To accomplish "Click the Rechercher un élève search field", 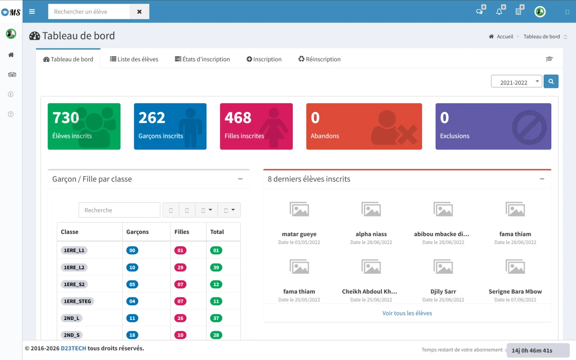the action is pyautogui.click(x=89, y=12).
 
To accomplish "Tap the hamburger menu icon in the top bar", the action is pyautogui.click(x=32, y=12).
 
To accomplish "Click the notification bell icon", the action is pyautogui.click(x=499, y=12).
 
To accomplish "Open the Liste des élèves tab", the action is pyautogui.click(x=134, y=59).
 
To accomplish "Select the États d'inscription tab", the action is pyautogui.click(x=202, y=59).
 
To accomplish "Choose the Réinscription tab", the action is pyautogui.click(x=320, y=59).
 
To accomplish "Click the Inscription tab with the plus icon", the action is pyautogui.click(x=264, y=59).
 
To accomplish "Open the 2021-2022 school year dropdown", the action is pyautogui.click(x=516, y=82).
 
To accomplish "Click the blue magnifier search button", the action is pyautogui.click(x=551, y=82).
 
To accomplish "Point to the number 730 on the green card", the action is pyautogui.click(x=66, y=118).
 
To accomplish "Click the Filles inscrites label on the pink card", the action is pyautogui.click(x=244, y=136).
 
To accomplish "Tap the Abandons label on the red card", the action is pyautogui.click(x=325, y=136).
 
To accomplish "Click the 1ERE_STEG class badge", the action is pyautogui.click(x=77, y=301).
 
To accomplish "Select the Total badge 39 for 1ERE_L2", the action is pyautogui.click(x=216, y=267).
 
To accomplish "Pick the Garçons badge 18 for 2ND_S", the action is pyautogui.click(x=132, y=335).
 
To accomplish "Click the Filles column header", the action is pyautogui.click(x=182, y=232).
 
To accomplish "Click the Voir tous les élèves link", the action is pyautogui.click(x=407, y=313).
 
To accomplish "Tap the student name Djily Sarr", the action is pyautogui.click(x=443, y=292).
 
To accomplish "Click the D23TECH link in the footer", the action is pyautogui.click(x=74, y=348).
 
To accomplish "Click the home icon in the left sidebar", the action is pyautogui.click(x=11, y=55).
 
